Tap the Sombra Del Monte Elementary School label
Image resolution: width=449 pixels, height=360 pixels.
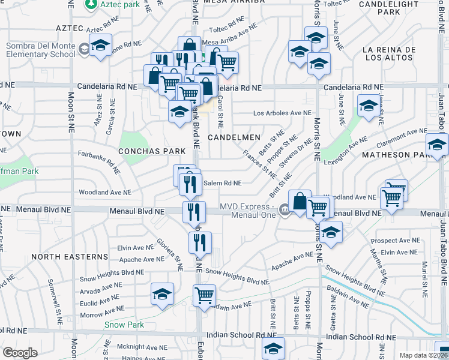(41, 51)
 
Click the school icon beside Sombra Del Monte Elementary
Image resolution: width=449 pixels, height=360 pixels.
(101, 46)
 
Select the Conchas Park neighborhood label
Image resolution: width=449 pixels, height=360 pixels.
(151, 151)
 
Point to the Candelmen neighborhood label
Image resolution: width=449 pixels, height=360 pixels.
(234, 137)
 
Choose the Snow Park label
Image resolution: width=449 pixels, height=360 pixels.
(124, 325)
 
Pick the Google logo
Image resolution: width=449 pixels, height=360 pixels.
(20, 353)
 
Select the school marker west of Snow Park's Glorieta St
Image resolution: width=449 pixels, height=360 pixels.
(162, 293)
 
